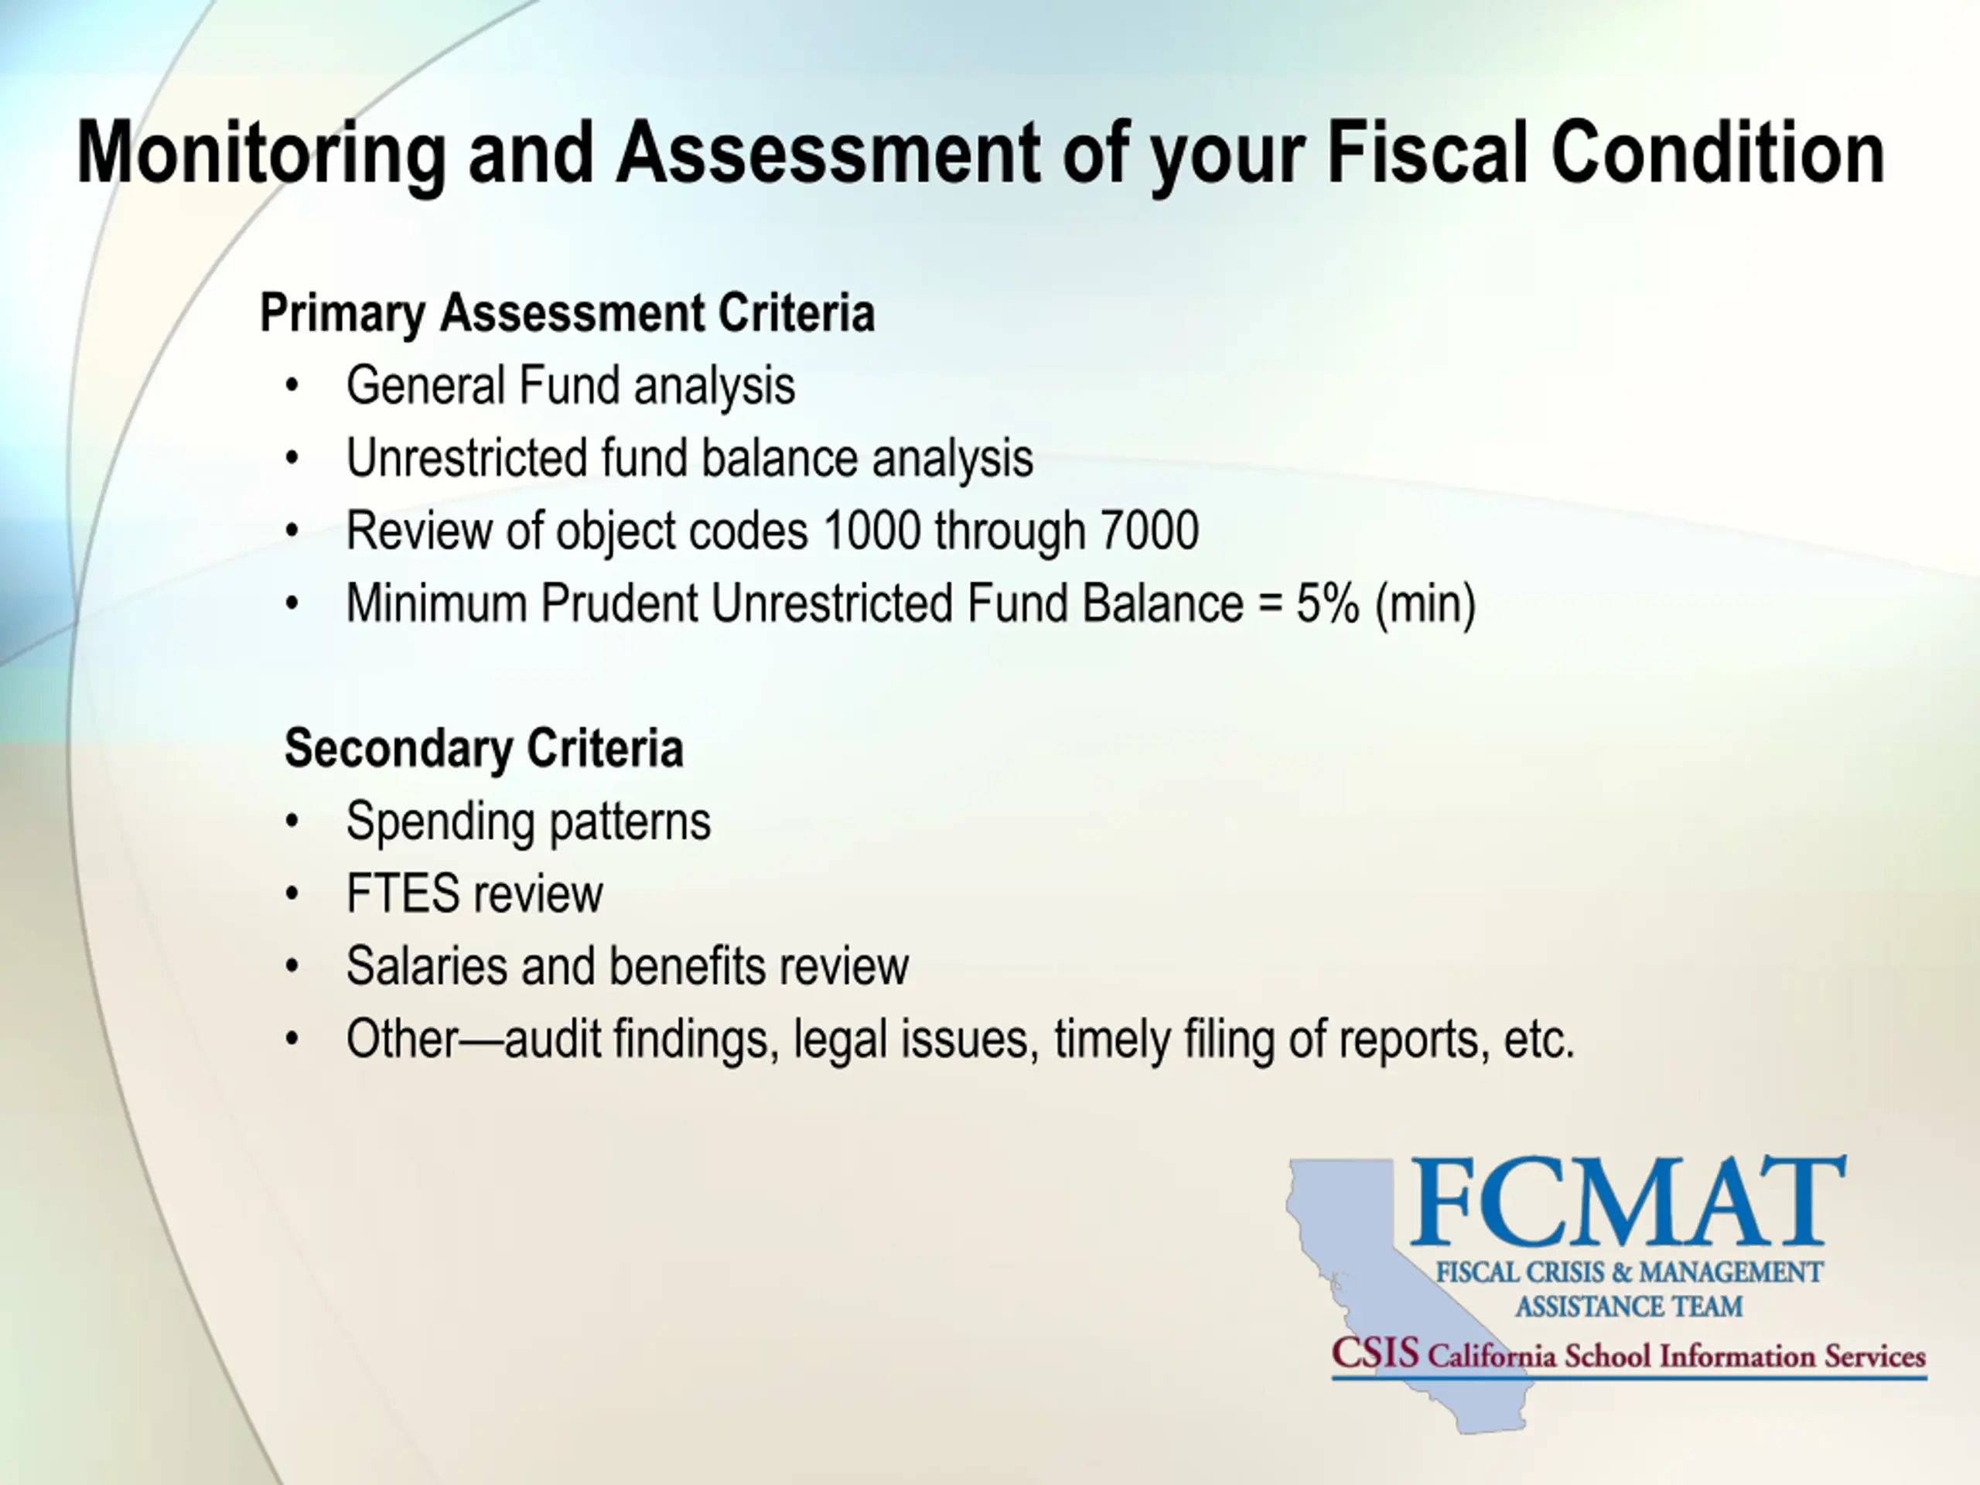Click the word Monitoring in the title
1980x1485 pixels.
261,154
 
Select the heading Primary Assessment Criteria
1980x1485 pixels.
567,314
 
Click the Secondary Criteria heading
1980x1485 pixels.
483,749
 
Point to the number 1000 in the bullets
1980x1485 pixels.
872,530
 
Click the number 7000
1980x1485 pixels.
1149,530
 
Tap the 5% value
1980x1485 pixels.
1327,603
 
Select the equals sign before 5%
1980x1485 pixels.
1269,604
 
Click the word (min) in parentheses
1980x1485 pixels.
1425,604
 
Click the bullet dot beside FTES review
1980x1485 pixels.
292,894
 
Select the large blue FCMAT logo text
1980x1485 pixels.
1628,1202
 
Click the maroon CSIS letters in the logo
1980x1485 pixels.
1375,1353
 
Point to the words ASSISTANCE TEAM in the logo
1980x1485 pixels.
1628,1307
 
